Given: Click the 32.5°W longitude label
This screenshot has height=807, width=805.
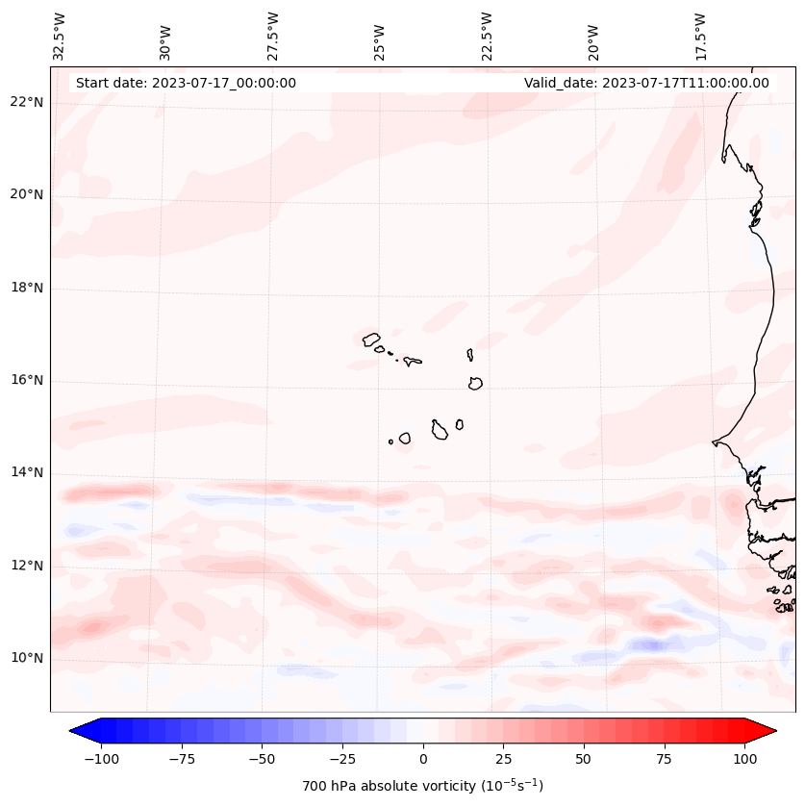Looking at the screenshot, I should point(60,36).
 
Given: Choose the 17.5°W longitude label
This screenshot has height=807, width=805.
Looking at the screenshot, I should point(700,36).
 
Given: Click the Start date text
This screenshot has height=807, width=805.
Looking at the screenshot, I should point(186,83).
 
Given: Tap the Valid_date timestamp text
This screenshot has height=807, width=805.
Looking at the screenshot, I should point(646,83).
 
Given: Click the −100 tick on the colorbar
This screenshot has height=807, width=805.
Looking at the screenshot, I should point(101,759).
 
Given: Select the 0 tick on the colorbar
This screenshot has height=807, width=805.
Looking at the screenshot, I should point(423,759).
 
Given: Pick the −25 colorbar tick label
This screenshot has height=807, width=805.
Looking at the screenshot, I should point(342,759).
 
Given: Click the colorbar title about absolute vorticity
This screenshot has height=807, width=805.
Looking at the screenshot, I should point(422,786).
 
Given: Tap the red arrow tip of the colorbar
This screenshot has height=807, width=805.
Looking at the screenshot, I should point(767,731).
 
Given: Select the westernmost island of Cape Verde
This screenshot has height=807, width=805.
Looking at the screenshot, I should point(371,339).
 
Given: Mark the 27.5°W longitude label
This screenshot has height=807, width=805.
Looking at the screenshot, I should point(273,36).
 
